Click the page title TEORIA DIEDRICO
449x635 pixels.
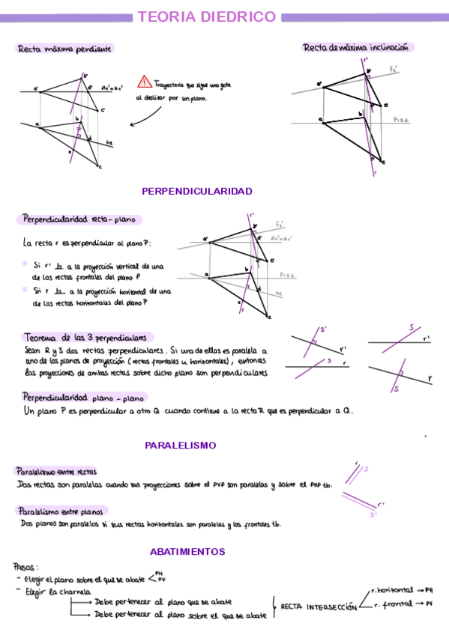206,16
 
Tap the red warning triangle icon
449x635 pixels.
144,83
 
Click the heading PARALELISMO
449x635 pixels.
181,445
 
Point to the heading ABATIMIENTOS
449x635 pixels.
187,551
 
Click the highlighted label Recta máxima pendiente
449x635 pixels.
64,49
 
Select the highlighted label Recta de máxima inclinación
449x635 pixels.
356,47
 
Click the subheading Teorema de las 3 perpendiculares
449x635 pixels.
88,337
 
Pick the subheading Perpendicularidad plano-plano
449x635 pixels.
83,396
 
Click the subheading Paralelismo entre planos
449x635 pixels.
59,511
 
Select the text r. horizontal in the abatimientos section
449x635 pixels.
392,590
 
